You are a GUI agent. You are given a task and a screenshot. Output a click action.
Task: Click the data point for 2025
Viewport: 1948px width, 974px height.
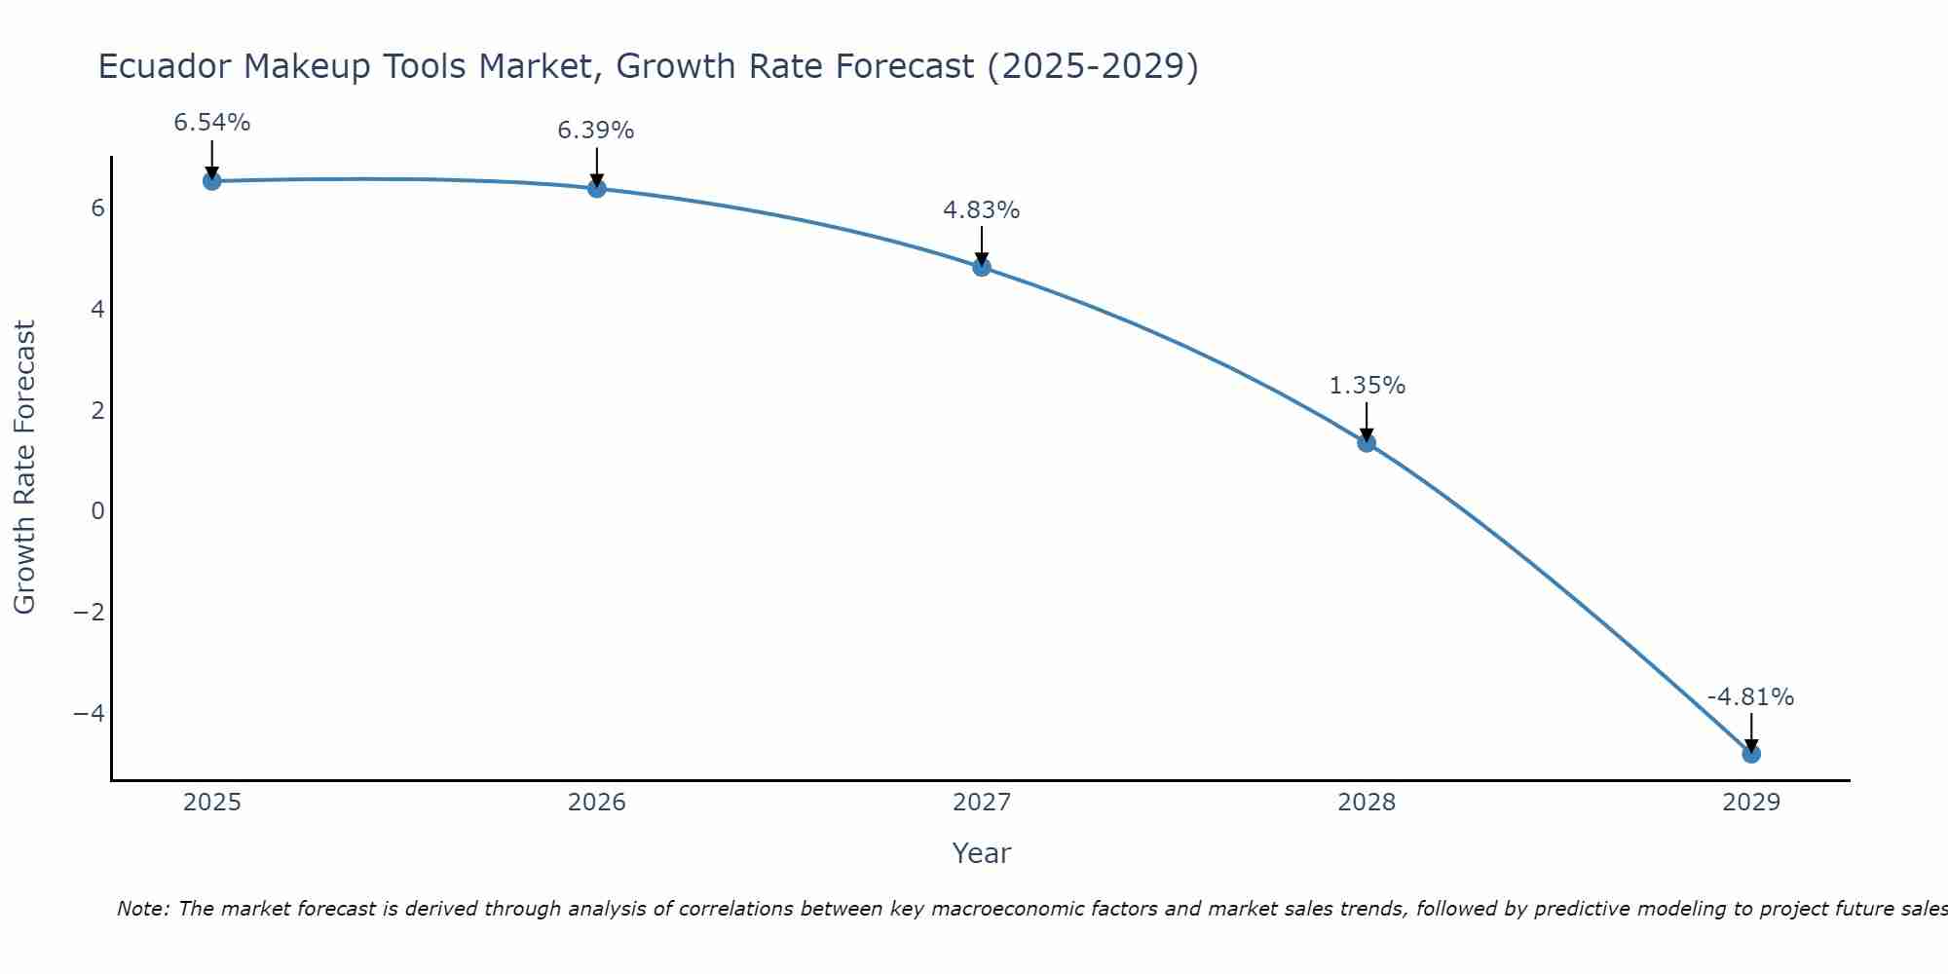point(212,181)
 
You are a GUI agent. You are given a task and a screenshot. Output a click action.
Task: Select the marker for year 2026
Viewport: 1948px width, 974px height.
point(597,188)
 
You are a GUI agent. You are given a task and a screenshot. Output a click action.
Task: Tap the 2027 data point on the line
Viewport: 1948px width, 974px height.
point(982,267)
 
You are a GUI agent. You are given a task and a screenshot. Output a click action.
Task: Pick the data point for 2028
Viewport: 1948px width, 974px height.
point(1367,443)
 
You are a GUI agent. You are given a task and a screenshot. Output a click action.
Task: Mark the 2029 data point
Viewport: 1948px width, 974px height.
point(1751,754)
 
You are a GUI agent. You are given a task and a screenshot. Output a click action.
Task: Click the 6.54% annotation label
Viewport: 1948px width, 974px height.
point(212,123)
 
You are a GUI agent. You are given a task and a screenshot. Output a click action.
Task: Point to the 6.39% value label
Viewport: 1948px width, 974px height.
point(596,131)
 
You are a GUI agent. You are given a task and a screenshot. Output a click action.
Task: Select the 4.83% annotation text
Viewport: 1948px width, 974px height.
point(982,210)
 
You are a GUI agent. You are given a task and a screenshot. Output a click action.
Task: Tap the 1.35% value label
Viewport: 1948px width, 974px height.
point(1367,386)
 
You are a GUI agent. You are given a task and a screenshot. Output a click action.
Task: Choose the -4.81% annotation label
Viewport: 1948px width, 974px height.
point(1750,697)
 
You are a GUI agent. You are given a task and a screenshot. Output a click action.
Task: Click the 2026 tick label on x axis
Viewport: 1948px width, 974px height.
point(597,803)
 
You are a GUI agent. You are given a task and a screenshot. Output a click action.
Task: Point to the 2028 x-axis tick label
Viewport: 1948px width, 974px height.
point(1367,803)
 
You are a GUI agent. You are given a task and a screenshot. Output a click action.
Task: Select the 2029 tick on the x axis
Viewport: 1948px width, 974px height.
point(1751,803)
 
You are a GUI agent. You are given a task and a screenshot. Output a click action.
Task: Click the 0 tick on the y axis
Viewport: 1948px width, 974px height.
point(97,511)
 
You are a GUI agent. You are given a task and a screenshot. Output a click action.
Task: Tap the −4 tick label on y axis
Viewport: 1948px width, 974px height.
point(90,713)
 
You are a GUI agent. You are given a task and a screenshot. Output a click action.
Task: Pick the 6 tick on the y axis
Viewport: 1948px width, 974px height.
point(97,208)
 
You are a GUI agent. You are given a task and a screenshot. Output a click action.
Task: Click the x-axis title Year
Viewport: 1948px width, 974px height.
point(982,853)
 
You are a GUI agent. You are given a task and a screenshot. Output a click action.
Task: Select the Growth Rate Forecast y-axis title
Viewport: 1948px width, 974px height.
point(24,468)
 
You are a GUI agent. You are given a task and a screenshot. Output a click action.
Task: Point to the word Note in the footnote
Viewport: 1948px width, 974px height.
point(142,909)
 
